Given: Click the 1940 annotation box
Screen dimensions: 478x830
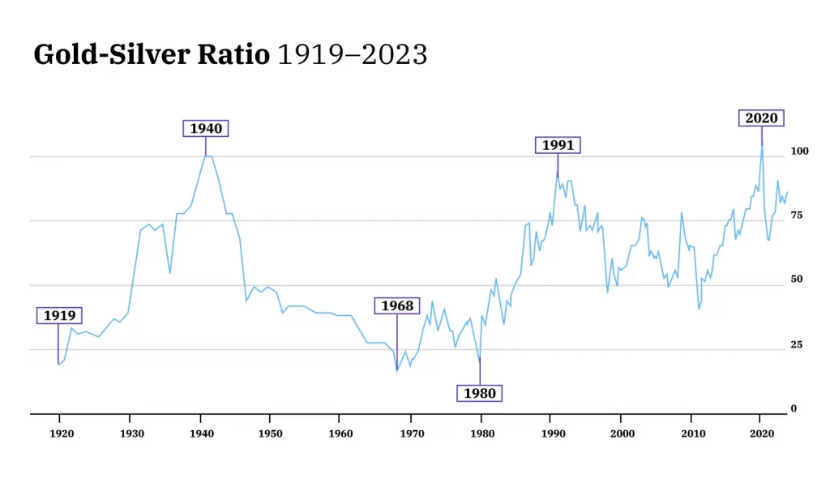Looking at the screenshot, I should click(x=205, y=128).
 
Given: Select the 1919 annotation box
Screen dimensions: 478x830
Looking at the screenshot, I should click(x=59, y=315).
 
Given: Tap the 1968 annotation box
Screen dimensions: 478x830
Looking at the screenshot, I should click(x=397, y=305).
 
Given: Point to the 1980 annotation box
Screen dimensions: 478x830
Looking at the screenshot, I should click(x=480, y=394).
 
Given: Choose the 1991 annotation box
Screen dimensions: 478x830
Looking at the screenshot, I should click(x=558, y=145).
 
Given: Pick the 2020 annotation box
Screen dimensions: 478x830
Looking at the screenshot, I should click(x=761, y=118).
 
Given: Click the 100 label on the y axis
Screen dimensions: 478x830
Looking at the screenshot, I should click(x=799, y=152).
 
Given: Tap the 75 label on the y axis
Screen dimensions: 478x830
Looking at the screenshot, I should click(x=798, y=216).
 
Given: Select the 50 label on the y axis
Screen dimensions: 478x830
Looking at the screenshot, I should click(x=798, y=280).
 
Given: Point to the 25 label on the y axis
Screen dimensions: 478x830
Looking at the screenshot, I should click(x=798, y=345).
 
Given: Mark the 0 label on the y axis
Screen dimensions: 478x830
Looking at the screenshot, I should click(x=794, y=409).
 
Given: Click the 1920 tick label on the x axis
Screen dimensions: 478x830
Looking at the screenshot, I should click(x=62, y=434).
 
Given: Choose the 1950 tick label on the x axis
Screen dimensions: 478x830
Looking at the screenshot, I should click(x=272, y=434).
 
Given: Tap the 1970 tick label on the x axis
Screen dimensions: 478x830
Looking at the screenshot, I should click(x=412, y=434).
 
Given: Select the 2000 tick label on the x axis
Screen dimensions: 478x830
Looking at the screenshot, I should click(x=622, y=434).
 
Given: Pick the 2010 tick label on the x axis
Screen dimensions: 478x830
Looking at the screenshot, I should click(x=692, y=434).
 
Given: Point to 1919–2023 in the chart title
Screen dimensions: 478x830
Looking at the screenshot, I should click(x=352, y=55).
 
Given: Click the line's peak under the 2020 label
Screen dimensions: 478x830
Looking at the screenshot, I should click(x=761, y=147).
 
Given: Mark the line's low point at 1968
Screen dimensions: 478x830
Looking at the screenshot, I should click(x=397, y=370).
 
